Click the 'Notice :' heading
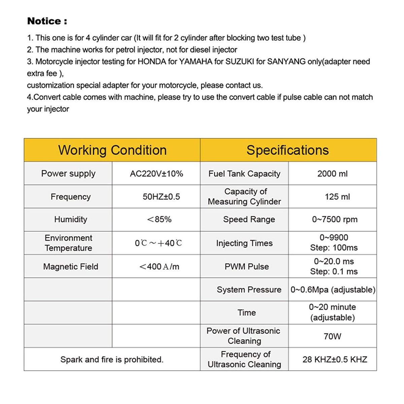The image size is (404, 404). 47,21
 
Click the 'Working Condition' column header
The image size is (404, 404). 112,150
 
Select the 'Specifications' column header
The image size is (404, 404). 288,150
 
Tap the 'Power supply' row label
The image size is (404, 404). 68,174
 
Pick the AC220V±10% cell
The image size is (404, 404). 157,174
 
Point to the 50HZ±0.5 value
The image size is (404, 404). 161,197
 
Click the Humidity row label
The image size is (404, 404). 71,220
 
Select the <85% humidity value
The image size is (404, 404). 159,220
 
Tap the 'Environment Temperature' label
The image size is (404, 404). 68,243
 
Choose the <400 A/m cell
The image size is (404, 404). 159,267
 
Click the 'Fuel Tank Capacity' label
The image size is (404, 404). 244,174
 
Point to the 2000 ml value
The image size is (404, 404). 332,174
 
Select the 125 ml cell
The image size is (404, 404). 337,197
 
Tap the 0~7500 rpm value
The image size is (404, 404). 335,220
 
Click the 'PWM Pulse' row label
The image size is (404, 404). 247,267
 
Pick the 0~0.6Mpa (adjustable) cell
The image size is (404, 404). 333,290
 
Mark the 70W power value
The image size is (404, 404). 332,336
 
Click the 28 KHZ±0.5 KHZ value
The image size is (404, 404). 335,359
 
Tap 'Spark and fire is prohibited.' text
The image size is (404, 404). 112,359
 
